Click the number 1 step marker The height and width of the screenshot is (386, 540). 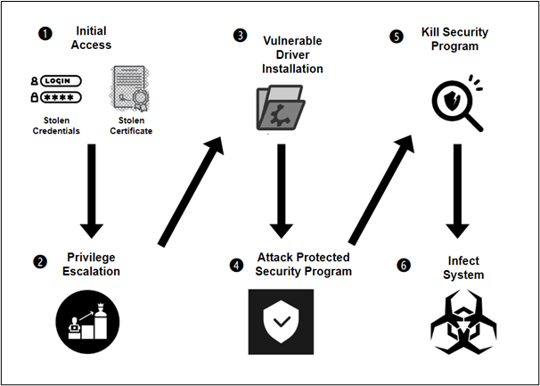point(45,35)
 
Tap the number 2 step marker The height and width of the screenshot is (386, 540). point(40,262)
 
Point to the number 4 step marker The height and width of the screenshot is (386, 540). point(236,265)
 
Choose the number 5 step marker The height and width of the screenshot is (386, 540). point(396,37)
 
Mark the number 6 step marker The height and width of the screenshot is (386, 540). point(404,265)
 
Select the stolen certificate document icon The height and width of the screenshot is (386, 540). point(131,89)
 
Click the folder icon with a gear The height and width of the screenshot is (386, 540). point(281,108)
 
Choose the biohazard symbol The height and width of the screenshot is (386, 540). point(463,322)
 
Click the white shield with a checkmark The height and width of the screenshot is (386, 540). point(281,322)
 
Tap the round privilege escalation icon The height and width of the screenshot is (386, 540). point(87,322)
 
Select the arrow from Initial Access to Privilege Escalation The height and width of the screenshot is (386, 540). point(92,191)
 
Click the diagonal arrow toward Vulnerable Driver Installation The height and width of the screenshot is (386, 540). point(191,192)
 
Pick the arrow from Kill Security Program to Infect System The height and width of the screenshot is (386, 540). point(457,191)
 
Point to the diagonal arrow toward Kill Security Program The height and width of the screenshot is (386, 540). point(380,190)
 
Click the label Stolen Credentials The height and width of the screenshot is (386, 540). point(56,126)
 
